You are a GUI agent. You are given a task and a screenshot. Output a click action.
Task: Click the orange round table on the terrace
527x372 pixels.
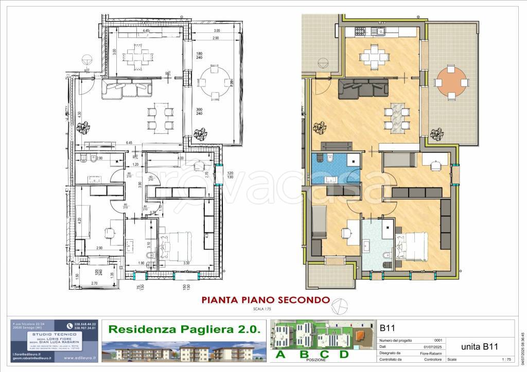(x=452, y=83)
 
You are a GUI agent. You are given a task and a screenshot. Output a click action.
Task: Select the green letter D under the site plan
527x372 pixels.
(x=343, y=354)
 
